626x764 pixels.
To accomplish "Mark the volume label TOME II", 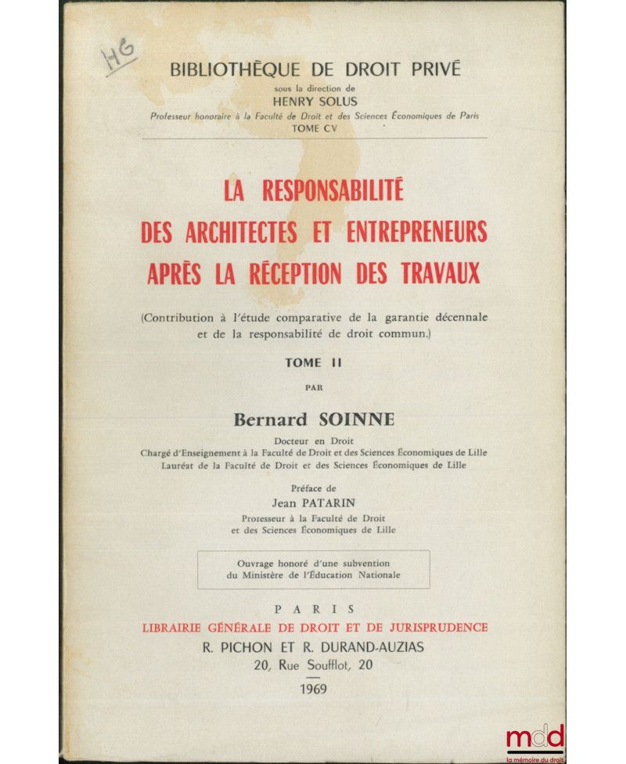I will (x=313, y=362).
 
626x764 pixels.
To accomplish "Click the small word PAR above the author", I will (x=313, y=387).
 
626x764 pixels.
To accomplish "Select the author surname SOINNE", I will (x=357, y=420).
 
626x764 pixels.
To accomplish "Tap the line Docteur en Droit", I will (x=313, y=440).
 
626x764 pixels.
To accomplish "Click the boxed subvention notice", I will (x=313, y=569).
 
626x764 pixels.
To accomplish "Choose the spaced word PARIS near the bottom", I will (x=313, y=608).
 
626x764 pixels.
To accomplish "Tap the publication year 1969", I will (x=313, y=689).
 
